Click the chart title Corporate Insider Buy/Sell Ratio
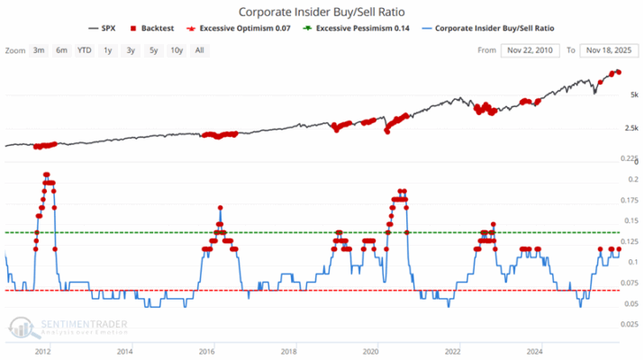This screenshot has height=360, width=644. [x=321, y=13]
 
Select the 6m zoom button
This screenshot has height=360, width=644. [x=61, y=50]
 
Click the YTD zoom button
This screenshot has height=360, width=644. [x=84, y=50]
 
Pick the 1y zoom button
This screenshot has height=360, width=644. [x=108, y=50]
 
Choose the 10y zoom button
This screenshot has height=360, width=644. [x=176, y=50]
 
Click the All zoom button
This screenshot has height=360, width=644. [x=199, y=50]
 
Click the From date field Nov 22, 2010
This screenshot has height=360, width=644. [x=531, y=50]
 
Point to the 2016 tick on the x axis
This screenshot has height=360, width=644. [x=206, y=351]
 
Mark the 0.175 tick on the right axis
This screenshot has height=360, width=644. [x=630, y=200]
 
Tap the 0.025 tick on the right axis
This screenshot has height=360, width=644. [x=630, y=323]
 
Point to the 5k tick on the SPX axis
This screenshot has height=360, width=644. [x=633, y=94]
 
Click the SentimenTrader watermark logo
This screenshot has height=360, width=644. [x=68, y=326]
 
